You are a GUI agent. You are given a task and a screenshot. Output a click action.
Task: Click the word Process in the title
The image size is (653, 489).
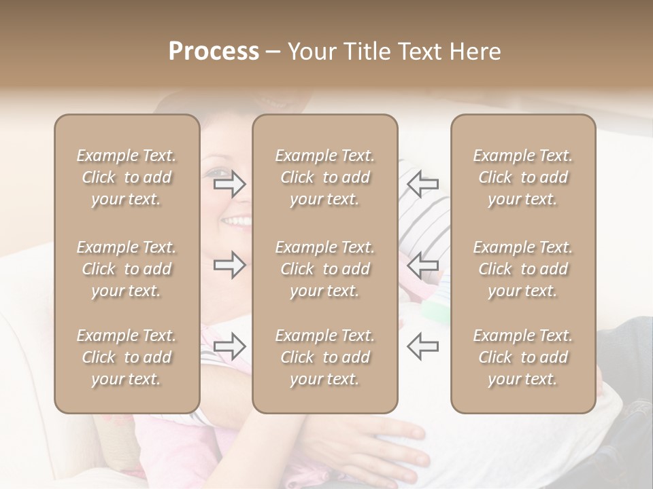[x=214, y=52]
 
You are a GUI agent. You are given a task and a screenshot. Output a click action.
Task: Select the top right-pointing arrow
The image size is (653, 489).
[x=229, y=183]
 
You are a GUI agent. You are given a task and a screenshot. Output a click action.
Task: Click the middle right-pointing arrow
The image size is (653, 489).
[x=229, y=265]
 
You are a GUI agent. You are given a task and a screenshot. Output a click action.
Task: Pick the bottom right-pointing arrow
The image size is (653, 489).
[x=229, y=346]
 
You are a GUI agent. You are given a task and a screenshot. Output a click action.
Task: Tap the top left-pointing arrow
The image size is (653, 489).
[x=422, y=183]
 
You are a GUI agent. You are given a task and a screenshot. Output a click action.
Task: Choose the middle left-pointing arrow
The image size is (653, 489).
[x=422, y=265]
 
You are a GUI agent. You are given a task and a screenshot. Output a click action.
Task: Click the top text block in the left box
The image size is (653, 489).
[x=127, y=177]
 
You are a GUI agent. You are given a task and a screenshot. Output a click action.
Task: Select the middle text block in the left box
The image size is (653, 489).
[x=127, y=269]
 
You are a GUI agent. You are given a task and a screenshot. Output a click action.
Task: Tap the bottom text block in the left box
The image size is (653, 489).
[x=127, y=357]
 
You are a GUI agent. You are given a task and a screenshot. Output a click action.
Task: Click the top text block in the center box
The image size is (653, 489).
[x=325, y=177]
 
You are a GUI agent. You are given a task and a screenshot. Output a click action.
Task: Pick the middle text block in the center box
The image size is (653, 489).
[x=325, y=269]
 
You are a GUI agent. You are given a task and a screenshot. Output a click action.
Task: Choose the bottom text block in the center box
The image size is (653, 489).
[x=325, y=357]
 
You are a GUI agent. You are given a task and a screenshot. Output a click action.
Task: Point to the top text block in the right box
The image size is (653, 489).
[x=523, y=177]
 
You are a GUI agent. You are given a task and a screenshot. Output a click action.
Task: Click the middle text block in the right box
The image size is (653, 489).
[x=523, y=269]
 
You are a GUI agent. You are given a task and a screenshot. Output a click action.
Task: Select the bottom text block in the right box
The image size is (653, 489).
[x=523, y=357]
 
